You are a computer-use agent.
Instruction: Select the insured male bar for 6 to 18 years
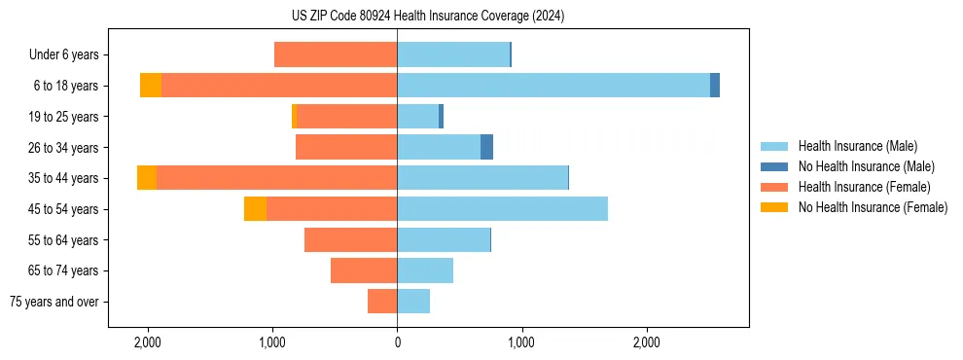click(x=553, y=86)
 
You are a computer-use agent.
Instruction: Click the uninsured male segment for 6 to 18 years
click(x=715, y=86)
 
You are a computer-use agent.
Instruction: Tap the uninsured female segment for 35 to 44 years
click(x=147, y=178)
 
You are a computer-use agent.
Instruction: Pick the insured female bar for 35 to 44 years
click(x=276, y=178)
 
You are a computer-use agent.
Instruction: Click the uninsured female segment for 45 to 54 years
click(x=255, y=209)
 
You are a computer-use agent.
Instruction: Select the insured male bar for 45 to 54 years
click(x=502, y=209)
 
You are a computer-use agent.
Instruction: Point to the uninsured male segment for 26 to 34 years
click(x=486, y=147)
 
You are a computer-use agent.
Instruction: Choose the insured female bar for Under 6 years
click(x=336, y=54)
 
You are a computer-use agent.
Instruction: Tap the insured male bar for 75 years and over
click(x=413, y=302)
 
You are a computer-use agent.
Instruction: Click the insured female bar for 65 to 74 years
click(x=364, y=270)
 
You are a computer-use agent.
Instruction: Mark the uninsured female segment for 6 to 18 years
click(x=151, y=86)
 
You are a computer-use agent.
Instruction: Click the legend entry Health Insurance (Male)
click(x=857, y=146)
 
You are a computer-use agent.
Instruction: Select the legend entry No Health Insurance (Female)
click(x=873, y=207)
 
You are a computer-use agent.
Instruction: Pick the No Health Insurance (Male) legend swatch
click(x=774, y=166)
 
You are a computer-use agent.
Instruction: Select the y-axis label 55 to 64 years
click(x=63, y=240)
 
